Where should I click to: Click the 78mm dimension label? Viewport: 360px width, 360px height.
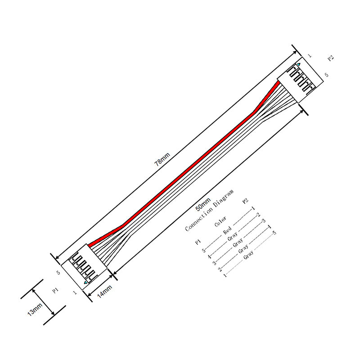click(x=162, y=159)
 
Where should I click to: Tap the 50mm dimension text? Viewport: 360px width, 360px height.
click(x=203, y=205)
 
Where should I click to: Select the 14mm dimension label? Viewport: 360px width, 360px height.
click(x=104, y=291)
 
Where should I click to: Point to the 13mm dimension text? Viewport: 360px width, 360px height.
click(x=35, y=309)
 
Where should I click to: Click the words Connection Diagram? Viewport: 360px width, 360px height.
click(x=209, y=210)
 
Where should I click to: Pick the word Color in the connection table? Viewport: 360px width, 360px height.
click(x=220, y=221)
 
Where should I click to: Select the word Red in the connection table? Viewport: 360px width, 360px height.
click(x=227, y=230)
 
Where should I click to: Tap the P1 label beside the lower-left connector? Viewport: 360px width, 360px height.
click(x=55, y=291)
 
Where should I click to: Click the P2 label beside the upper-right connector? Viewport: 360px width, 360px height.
click(x=330, y=58)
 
